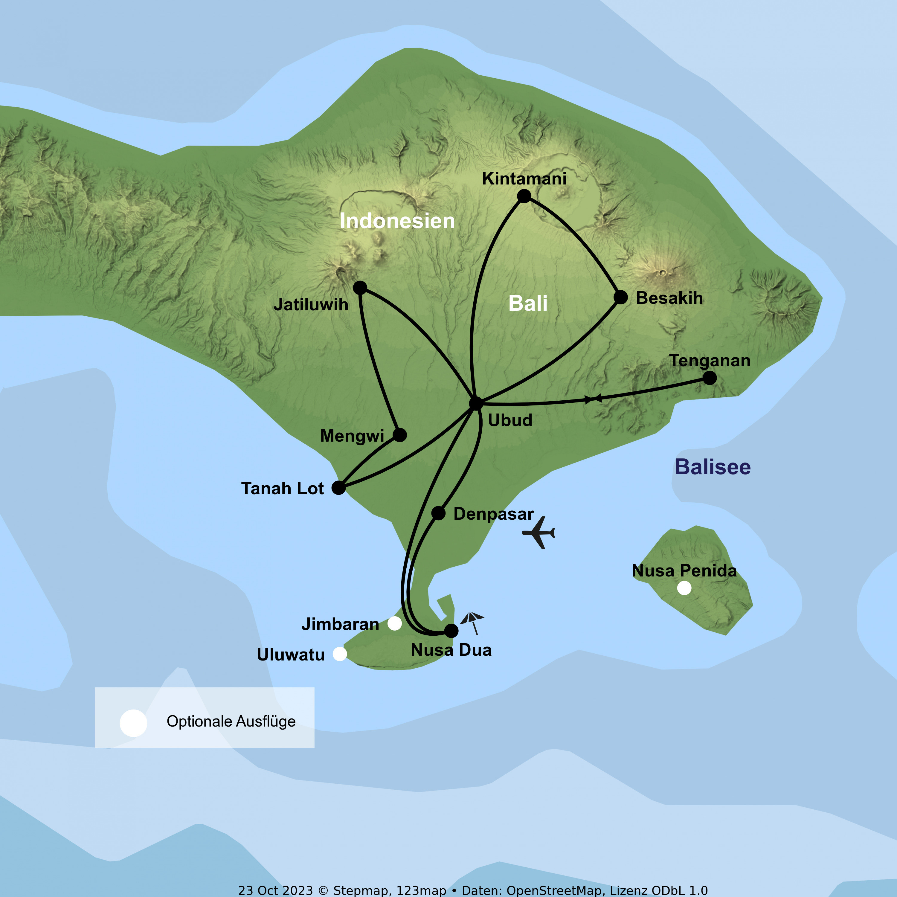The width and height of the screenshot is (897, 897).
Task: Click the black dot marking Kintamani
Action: (x=524, y=196)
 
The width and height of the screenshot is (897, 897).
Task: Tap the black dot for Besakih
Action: (x=621, y=297)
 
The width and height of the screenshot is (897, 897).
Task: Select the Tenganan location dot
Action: (x=710, y=378)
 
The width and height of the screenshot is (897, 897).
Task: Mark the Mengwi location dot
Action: (x=400, y=435)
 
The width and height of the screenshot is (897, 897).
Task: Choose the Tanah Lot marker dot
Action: (x=338, y=488)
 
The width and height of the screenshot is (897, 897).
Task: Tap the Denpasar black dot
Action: (x=438, y=513)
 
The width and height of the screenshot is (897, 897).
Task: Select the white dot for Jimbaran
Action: (x=395, y=623)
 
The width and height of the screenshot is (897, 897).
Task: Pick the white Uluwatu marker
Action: (x=340, y=654)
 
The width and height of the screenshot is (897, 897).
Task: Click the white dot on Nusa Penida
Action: (x=684, y=588)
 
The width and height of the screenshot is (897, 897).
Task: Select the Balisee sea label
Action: (x=713, y=467)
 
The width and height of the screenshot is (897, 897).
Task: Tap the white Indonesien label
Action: (x=397, y=221)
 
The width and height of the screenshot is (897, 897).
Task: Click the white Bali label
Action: (x=528, y=304)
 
